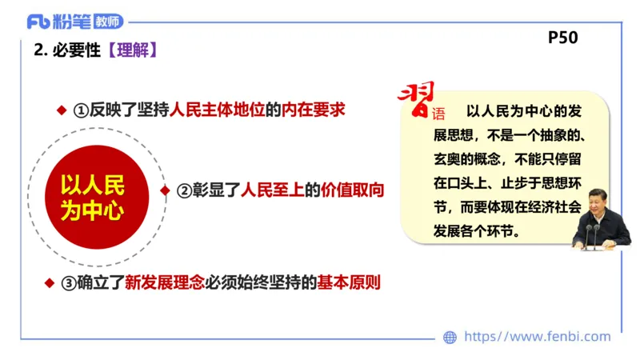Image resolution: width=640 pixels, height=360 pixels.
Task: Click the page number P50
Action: point(562,38)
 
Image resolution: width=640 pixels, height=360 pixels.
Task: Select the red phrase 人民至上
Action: point(270,190)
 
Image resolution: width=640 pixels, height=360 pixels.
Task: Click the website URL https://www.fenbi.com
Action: point(537,337)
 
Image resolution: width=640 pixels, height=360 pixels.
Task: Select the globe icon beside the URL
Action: point(450,338)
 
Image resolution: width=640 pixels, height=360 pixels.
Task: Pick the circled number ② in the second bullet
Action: point(183,191)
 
